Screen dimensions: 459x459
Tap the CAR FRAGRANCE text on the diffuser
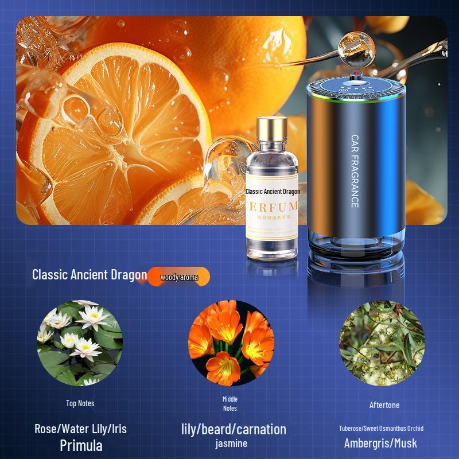[x=354, y=171]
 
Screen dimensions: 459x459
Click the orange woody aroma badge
[x=179, y=278]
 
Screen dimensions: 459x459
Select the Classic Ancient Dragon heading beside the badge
[x=90, y=274]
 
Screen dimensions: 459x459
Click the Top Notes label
[x=80, y=403]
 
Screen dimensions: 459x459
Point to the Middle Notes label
[x=229, y=403]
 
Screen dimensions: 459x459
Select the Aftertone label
[x=384, y=405]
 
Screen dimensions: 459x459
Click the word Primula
[x=81, y=445]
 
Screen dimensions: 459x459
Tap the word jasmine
[x=231, y=444]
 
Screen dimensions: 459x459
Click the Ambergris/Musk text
[x=380, y=443]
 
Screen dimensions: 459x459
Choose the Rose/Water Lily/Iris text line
[x=80, y=429]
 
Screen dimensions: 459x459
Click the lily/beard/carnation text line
[x=233, y=429]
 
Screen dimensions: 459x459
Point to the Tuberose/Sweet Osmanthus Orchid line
[x=381, y=429]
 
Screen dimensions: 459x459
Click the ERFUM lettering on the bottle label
[x=273, y=206]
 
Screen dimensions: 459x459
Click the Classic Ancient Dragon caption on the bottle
[x=273, y=192]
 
